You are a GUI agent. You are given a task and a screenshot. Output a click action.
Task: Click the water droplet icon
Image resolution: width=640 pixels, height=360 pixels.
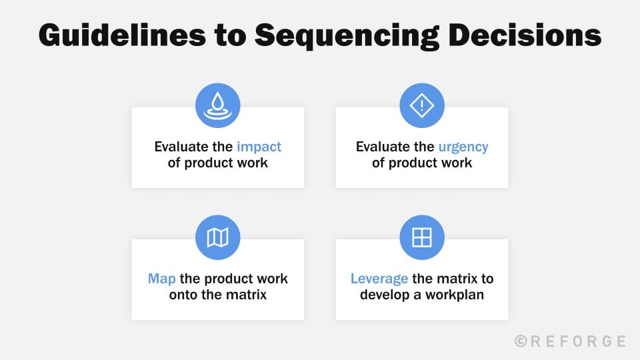(217, 105)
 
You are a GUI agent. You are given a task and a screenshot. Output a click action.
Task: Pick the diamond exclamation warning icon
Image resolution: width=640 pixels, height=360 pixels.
(421, 105)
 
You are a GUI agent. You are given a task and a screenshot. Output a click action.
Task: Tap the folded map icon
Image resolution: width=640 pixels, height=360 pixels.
(217, 237)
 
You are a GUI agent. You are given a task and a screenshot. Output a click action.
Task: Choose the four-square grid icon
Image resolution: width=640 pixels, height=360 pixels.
(421, 237)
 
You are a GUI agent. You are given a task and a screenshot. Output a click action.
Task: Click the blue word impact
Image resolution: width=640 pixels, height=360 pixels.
(259, 147)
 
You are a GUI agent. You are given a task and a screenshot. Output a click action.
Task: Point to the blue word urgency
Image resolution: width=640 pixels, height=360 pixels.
(463, 147)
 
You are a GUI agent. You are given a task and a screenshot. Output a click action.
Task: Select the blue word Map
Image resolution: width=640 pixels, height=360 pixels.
(162, 279)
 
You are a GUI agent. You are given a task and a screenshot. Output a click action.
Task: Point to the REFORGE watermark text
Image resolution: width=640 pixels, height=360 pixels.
(578, 341)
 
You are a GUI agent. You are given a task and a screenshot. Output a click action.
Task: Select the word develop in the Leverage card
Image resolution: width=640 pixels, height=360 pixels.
(385, 294)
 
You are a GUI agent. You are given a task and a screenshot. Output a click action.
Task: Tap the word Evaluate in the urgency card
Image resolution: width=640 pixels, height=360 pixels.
(385, 147)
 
